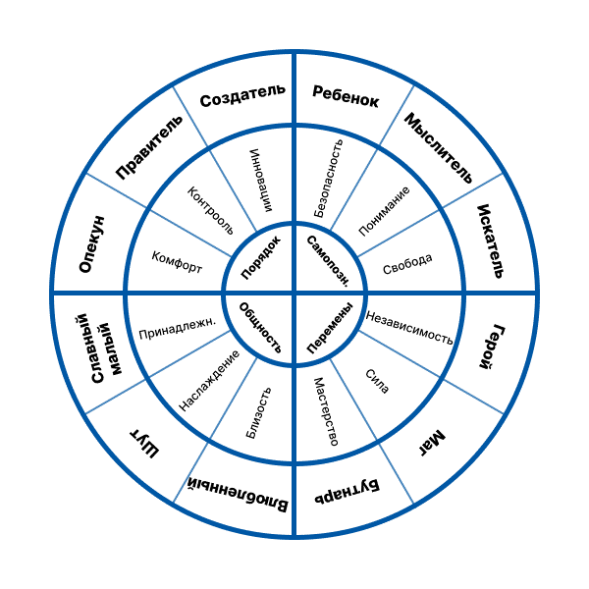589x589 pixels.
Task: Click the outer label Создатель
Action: tap(242, 95)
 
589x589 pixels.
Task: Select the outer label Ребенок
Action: tap(346, 95)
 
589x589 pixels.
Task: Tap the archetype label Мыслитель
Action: tap(438, 148)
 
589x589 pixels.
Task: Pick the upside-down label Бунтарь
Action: tap(347, 491)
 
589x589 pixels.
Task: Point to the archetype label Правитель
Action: tap(150, 148)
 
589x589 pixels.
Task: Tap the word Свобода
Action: tap(407, 262)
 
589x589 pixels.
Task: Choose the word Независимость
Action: tap(409, 326)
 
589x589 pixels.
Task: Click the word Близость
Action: tap(257, 412)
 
